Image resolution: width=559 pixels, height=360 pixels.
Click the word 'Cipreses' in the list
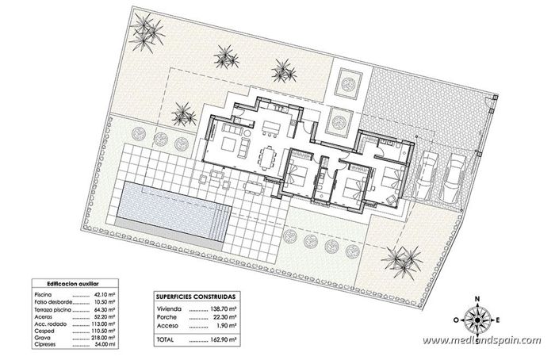click(x=44, y=344)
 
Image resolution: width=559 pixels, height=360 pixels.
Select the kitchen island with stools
click(x=272, y=127)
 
